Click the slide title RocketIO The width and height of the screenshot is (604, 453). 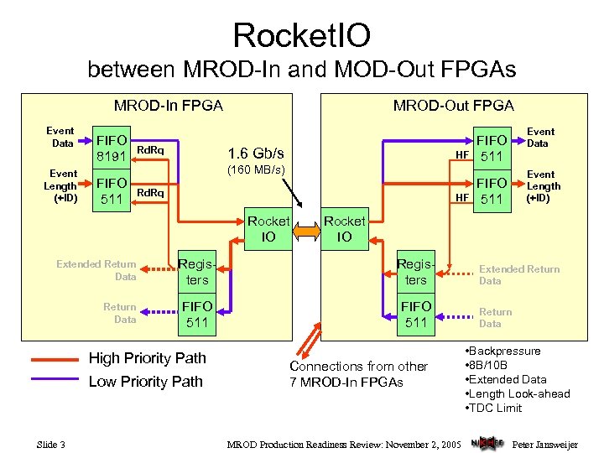click(x=301, y=35)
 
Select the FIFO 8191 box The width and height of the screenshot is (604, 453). click(x=112, y=148)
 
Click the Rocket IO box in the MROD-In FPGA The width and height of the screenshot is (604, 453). click(x=268, y=229)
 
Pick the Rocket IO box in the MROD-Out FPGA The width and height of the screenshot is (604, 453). click(x=345, y=229)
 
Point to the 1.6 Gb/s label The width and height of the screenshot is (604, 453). click(x=256, y=154)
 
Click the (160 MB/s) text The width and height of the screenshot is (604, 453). click(x=256, y=171)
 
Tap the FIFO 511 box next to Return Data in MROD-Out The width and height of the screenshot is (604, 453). click(x=416, y=315)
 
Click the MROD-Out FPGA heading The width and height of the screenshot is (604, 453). click(x=454, y=105)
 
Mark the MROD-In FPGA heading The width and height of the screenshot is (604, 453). click(x=169, y=105)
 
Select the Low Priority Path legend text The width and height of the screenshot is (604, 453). click(x=146, y=381)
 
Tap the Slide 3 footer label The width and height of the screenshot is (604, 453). click(x=51, y=444)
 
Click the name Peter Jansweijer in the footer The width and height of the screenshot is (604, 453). click(x=545, y=444)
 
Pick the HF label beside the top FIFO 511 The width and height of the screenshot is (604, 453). click(x=461, y=154)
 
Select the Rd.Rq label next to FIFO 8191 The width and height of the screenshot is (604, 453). click(x=151, y=150)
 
